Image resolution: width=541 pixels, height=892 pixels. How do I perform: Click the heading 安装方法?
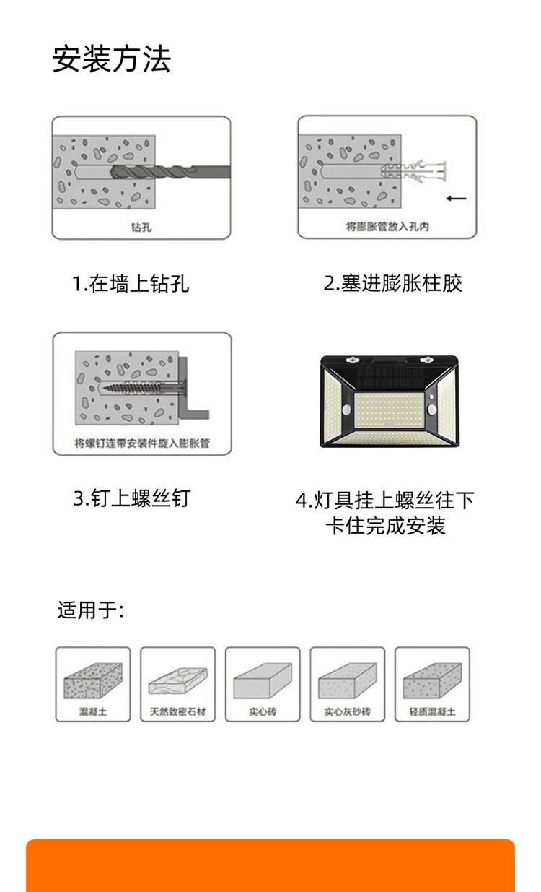(112, 59)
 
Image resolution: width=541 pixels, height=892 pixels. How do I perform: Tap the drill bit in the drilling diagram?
(170, 172)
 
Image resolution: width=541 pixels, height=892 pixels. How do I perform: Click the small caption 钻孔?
(141, 228)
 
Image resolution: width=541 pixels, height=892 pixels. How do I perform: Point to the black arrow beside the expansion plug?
(457, 199)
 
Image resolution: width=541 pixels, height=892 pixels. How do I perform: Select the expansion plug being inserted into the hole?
(414, 171)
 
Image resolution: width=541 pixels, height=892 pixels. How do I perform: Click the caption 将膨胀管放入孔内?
(387, 227)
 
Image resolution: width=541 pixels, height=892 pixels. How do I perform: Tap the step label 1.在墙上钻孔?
(131, 284)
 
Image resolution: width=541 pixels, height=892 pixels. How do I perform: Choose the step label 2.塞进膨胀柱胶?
(392, 283)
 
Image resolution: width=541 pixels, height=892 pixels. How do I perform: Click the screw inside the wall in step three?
(141, 387)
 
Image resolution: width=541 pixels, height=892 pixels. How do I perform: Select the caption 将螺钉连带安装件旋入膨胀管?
(142, 443)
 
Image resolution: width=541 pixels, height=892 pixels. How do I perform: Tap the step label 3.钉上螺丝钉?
(132, 498)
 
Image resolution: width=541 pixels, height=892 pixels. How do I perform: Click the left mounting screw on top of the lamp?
(352, 360)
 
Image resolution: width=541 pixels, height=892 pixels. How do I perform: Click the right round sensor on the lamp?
(432, 410)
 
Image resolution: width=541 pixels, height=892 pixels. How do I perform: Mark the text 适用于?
(91, 610)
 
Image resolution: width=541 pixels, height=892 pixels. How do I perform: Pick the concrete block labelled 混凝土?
(93, 681)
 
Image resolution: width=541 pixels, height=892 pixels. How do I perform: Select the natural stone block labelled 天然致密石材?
(178, 681)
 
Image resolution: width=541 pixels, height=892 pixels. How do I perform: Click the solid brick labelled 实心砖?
(263, 681)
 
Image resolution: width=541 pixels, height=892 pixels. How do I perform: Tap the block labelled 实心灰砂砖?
(347, 681)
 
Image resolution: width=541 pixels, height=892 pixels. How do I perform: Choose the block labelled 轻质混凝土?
(432, 681)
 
